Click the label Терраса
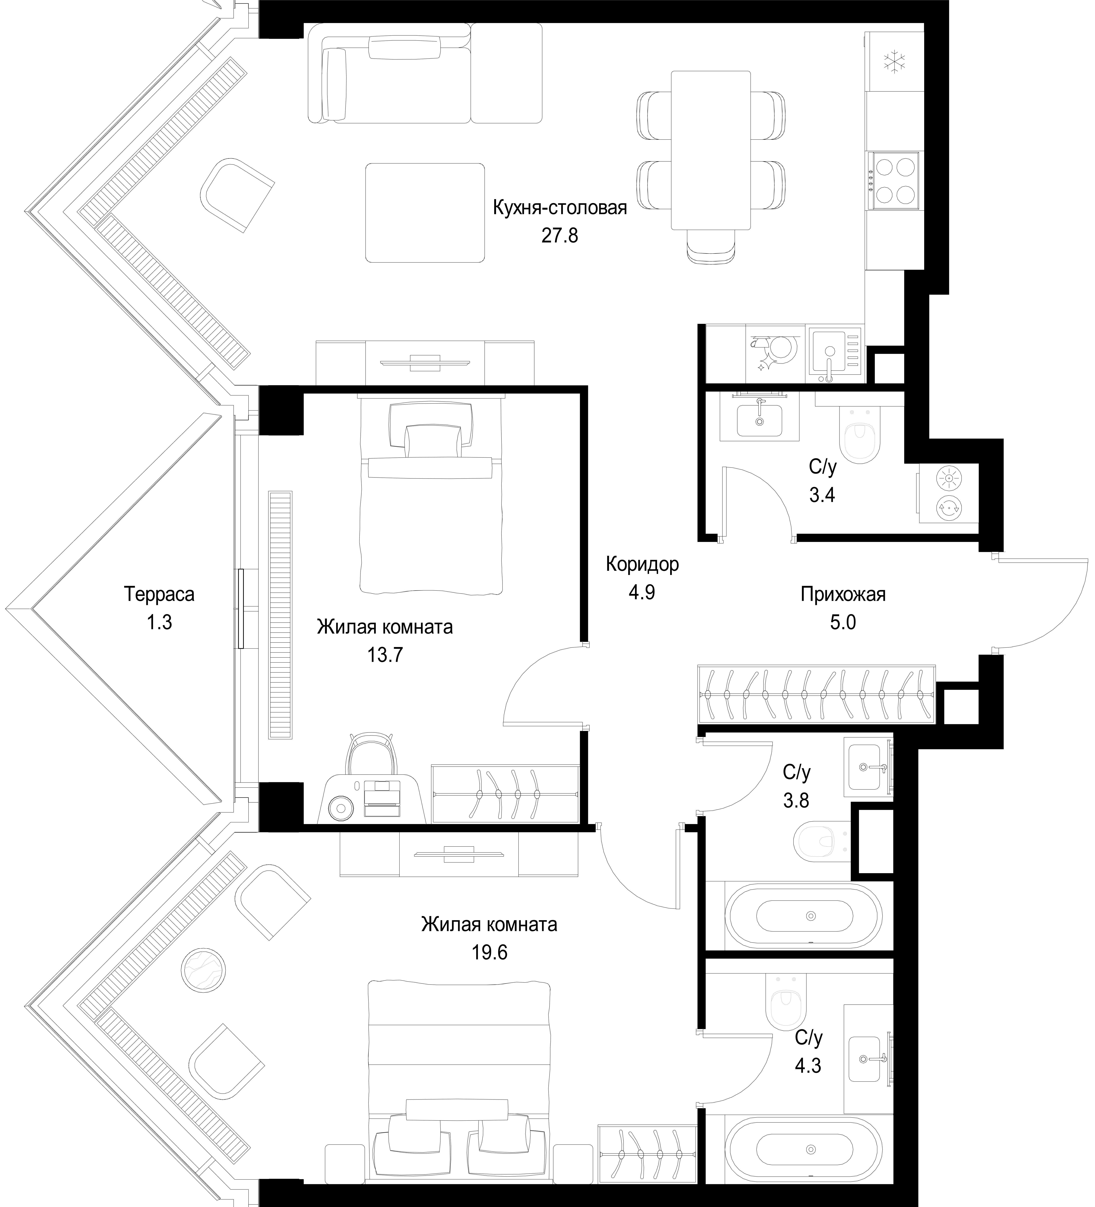pos(159,594)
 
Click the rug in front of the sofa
pos(424,212)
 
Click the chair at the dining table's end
pos(711,246)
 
